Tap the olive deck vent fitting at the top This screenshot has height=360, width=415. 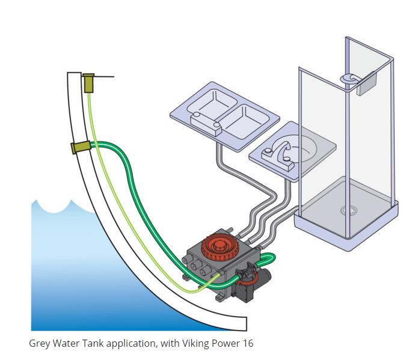pos(89,83)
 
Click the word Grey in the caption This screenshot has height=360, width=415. pos(39,344)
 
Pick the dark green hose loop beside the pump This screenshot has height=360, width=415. pos(269,260)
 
